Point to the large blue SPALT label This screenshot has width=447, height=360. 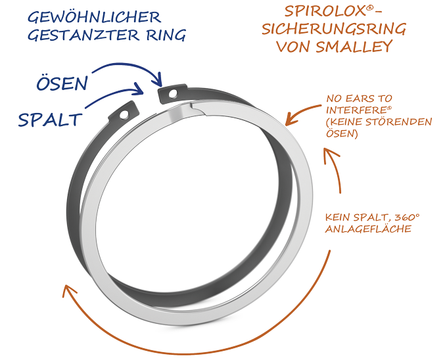[50, 119]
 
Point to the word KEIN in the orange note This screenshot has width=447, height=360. [340, 217]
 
